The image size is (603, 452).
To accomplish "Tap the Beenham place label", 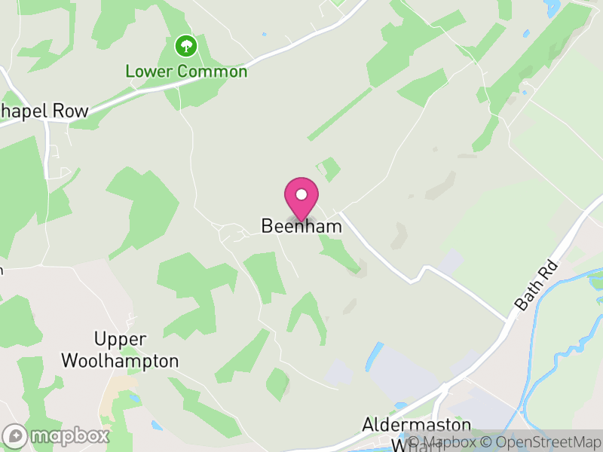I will pos(301,226).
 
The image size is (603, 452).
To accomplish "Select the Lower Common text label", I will pos(186,72).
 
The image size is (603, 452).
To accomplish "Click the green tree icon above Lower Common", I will pos(185,47).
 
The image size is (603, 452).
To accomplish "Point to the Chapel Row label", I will pos(44,111).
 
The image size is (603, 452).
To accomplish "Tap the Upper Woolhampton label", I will pos(120,350).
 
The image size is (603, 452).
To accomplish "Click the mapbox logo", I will pos(57,435).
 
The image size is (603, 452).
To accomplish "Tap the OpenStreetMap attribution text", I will pos(541,442).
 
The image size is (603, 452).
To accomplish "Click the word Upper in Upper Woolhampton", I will pos(120,339).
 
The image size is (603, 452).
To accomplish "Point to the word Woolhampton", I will pos(120,361).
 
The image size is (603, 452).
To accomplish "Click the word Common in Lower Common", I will pos(213,72).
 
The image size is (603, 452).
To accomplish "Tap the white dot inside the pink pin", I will pos(301,194).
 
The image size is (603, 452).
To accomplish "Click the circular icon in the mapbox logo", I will pos(15,435).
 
